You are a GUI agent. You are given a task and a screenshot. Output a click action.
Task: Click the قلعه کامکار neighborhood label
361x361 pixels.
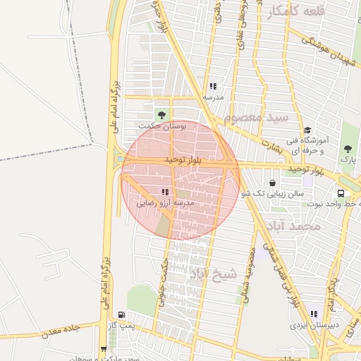297,11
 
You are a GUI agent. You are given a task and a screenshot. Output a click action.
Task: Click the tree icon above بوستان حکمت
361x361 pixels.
163,114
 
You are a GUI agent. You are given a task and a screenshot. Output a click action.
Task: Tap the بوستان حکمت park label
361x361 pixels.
163,126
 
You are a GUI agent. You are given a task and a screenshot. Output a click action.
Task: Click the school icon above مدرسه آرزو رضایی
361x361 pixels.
165,191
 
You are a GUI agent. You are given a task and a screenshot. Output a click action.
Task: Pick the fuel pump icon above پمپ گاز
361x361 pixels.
123,315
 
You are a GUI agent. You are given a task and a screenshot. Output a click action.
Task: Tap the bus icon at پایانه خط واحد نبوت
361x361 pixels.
341,192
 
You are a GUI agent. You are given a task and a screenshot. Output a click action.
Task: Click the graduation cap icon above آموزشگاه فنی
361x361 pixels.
307,130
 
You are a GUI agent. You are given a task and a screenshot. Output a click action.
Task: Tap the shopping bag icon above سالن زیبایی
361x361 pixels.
272,181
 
